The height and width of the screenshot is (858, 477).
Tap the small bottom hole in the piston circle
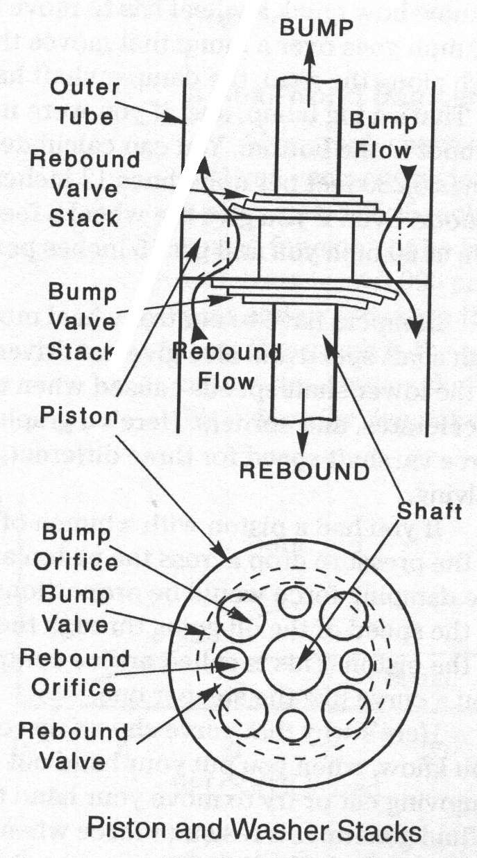(x=292, y=725)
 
